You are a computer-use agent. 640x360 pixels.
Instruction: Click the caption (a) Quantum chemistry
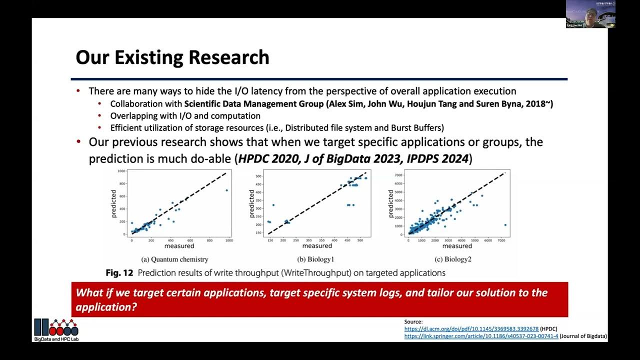point(174,259)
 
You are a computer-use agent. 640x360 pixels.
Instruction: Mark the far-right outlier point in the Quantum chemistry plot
point(226,190)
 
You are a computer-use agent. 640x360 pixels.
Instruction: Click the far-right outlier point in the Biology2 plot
point(505,224)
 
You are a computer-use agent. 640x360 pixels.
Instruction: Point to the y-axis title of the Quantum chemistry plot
point(114,203)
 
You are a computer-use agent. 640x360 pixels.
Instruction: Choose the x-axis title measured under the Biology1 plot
point(317,246)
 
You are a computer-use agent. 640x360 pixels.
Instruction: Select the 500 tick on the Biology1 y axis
point(258,176)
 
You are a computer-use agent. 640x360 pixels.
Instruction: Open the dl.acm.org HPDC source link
point(471,329)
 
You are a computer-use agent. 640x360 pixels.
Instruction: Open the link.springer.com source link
point(481,336)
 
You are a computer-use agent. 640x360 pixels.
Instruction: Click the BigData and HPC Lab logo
point(56,329)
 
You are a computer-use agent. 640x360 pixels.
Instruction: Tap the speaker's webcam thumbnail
point(590,14)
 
